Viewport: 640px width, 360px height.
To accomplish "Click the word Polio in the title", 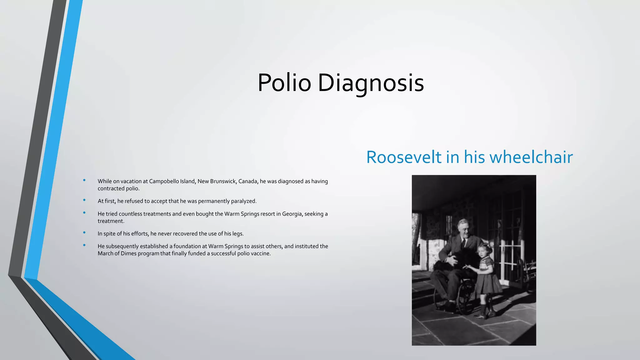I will [x=284, y=83].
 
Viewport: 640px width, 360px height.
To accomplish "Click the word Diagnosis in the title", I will [x=371, y=83].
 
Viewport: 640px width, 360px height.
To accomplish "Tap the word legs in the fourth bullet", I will [x=237, y=233].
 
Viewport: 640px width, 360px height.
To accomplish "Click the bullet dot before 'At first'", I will [x=84, y=200].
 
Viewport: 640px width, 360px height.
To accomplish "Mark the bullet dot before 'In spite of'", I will [x=84, y=232].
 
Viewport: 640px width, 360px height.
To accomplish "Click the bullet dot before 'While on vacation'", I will [x=84, y=180].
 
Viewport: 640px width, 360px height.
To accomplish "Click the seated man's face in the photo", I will [x=463, y=229].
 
